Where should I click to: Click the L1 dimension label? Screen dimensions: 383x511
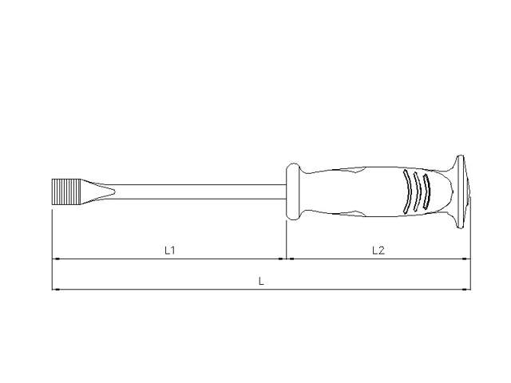169,250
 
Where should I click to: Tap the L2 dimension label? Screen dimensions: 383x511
378,250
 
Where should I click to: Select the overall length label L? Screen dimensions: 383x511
261,281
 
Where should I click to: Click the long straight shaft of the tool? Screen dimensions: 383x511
200,191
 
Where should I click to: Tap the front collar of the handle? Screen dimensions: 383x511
293,191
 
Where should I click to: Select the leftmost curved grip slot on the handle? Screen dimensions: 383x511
408,191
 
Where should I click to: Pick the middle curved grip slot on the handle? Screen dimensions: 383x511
417,191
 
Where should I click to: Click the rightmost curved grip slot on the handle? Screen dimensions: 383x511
426,191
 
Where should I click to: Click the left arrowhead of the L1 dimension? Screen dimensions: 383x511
56,259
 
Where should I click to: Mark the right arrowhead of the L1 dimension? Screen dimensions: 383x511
282,259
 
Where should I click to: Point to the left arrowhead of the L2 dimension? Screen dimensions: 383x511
291,259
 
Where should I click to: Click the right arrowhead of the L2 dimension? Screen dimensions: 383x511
466,259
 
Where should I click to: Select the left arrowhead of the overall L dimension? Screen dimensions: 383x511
56,289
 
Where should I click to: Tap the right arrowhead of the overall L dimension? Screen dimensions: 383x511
466,289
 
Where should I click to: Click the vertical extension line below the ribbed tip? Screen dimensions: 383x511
52,239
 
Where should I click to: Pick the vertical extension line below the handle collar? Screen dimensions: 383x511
286,239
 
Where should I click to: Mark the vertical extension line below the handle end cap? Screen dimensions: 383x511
470,239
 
